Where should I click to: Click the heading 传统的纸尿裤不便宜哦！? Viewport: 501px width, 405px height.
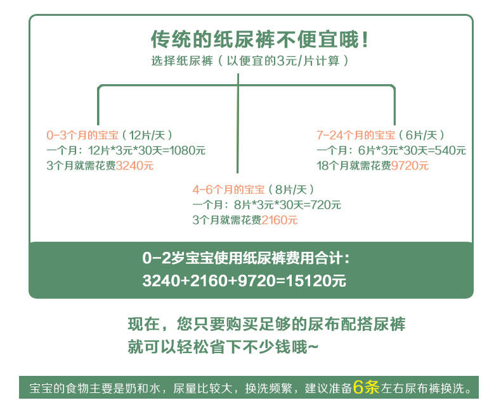(259, 40)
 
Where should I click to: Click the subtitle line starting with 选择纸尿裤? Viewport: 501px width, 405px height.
(250, 61)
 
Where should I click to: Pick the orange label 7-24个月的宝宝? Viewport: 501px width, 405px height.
(355, 135)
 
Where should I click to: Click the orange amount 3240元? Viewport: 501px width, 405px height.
(136, 166)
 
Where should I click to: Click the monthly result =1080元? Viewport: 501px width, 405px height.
(184, 151)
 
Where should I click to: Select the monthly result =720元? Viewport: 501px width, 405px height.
(322, 205)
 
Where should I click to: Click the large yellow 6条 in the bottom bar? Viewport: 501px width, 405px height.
(366, 387)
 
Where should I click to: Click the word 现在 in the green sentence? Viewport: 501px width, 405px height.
(143, 325)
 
